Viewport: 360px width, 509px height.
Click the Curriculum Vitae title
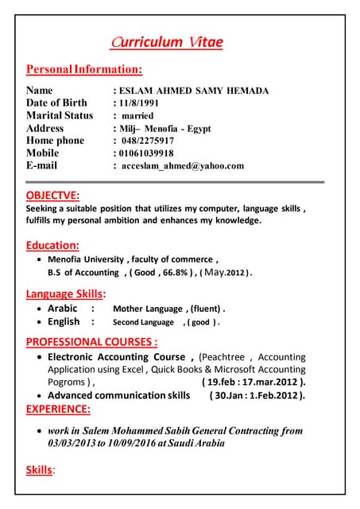tap(167, 42)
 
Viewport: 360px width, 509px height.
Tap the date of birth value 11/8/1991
tap(140, 103)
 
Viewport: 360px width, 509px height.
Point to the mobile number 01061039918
tap(146, 153)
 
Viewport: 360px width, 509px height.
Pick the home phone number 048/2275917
tap(149, 140)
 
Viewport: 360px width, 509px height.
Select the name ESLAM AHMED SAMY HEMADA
tap(195, 91)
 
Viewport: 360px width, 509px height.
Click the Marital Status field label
tap(60, 115)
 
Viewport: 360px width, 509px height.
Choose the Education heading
tap(52, 245)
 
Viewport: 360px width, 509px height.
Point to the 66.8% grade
tap(176, 272)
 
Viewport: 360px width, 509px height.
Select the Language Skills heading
tap(72, 294)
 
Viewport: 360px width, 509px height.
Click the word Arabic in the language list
tap(63, 309)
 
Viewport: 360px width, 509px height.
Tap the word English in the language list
tap(64, 322)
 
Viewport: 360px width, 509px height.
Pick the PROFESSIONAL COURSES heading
tap(91, 342)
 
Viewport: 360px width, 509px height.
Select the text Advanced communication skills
tap(119, 395)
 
